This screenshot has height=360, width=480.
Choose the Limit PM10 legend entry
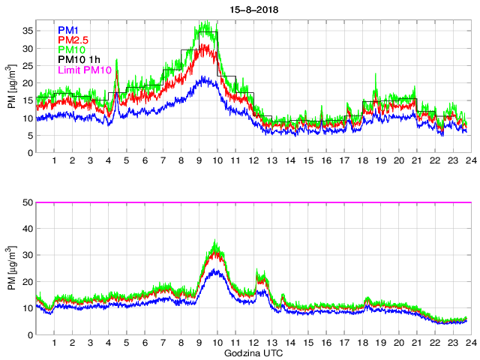(x=84, y=70)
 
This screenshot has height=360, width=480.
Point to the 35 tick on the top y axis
(x=27, y=31)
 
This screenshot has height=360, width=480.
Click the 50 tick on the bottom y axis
(x=27, y=202)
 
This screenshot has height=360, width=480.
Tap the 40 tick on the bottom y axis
(x=27, y=229)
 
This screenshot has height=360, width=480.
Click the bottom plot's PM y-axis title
(x=12, y=268)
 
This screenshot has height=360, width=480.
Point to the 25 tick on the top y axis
(x=27, y=66)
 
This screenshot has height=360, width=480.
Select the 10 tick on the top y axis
(x=27, y=118)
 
